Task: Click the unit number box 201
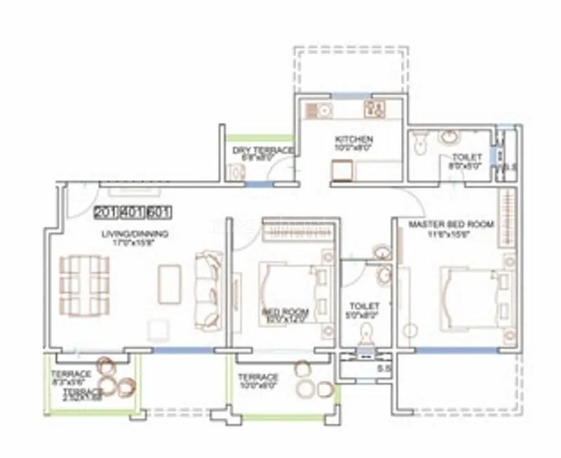pos(106,211)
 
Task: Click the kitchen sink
pos(324,110)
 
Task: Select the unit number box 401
pos(133,211)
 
